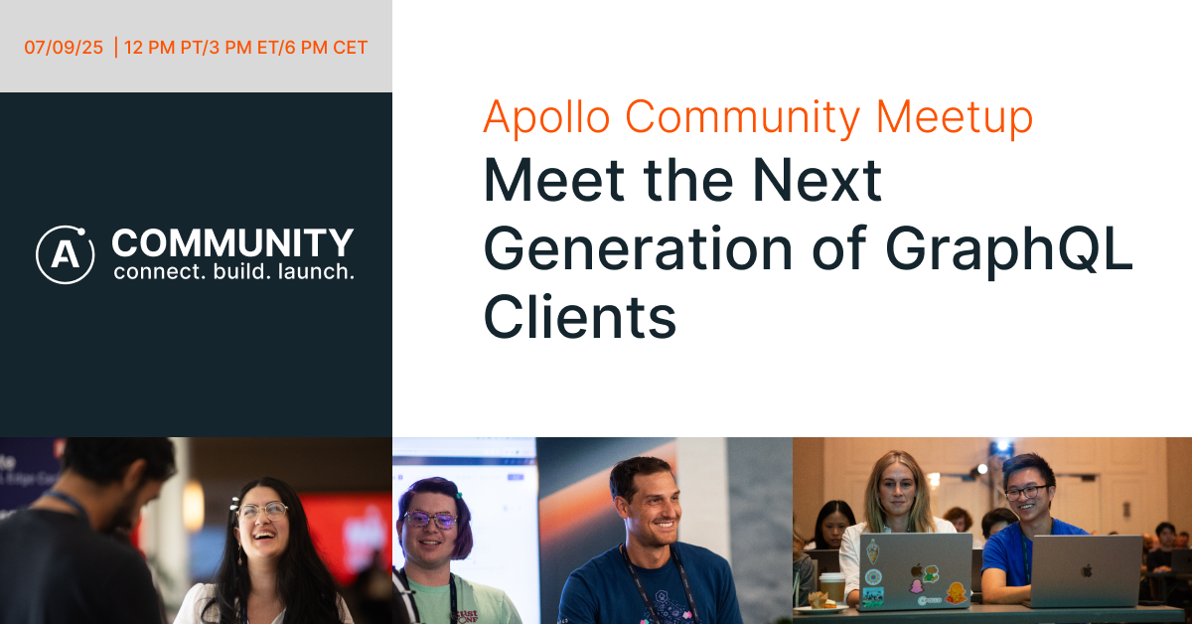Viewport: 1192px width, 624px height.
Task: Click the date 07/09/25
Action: coord(64,48)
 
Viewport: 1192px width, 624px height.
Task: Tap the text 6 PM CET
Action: coord(326,48)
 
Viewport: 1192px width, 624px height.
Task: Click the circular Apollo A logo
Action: coord(65,254)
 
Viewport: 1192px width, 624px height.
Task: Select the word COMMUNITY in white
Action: coord(232,242)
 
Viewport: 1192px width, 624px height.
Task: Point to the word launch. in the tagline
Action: coord(316,271)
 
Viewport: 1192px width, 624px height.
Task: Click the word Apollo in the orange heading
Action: coord(546,118)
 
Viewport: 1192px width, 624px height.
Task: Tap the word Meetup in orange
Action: coord(955,118)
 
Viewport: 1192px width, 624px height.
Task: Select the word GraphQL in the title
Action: coord(1009,249)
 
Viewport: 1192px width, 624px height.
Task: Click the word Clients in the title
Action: coord(580,317)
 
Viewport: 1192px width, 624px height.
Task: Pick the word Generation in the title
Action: coord(638,249)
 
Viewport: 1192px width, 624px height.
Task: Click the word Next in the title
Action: coord(817,180)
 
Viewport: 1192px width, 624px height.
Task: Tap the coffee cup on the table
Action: coord(832,588)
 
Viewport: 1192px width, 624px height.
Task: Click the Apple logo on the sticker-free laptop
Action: coord(1087,571)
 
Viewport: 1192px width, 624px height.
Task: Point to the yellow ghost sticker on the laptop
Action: coord(956,593)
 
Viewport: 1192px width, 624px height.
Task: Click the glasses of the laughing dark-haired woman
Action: coord(262,511)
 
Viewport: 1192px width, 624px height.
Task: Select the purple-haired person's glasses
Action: coord(430,519)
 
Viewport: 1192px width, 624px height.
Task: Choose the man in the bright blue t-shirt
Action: coord(1030,533)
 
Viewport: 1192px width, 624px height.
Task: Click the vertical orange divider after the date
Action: coord(115,48)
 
